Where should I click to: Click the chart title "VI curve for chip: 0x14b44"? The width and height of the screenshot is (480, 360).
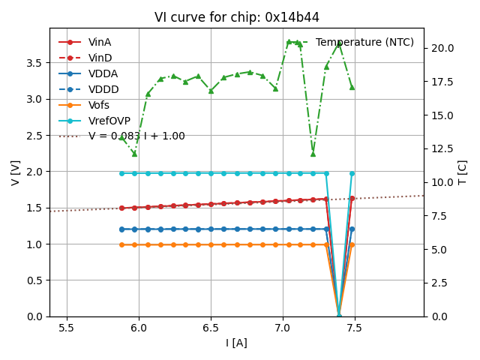coord(236,17)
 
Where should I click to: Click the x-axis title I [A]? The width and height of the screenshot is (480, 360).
coord(236,343)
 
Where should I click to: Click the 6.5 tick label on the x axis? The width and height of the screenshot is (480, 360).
coord(211,328)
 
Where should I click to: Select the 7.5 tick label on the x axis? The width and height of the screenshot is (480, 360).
coord(355,328)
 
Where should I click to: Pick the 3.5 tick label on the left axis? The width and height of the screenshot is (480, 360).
coord(34,63)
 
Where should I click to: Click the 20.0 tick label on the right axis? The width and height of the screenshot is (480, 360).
coord(441,48)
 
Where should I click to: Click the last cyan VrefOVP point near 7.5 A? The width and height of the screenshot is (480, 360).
coord(352,173)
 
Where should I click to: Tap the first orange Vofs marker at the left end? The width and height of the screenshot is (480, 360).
coord(121,244)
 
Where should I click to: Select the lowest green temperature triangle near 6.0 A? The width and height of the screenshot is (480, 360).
coord(134,154)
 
